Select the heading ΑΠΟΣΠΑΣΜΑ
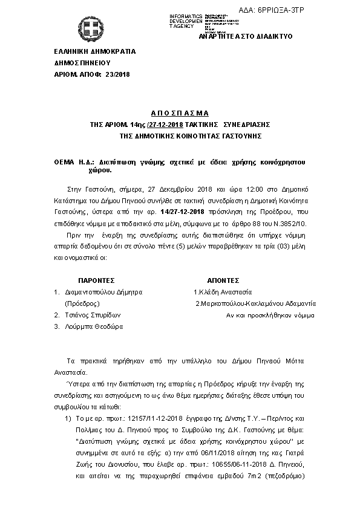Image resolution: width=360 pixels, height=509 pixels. (180, 113)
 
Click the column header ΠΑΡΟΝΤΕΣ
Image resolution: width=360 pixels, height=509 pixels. (97, 281)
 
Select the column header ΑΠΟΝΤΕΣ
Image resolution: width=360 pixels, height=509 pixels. (226, 281)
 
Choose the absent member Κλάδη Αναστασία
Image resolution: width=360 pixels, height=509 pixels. (226, 292)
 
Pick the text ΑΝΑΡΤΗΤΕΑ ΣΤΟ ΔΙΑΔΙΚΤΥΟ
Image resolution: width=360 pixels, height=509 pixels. (245, 36)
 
